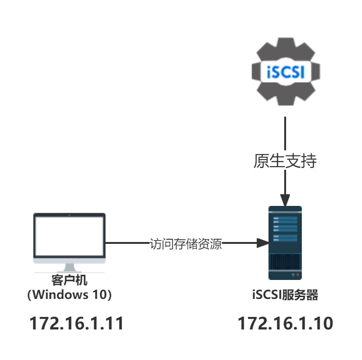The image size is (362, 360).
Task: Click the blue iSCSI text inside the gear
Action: pos(286,72)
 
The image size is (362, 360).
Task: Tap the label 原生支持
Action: pos(285,160)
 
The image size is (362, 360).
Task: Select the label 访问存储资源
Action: pos(186,243)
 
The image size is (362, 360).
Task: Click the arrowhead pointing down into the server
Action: pos(285,201)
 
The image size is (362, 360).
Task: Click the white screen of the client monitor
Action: pos(69,236)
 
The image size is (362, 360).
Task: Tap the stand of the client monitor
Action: pos(69,268)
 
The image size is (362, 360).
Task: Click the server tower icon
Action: pos(285,243)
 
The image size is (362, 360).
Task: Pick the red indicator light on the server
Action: pos(298,275)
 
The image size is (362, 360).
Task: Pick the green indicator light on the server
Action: pos(293,275)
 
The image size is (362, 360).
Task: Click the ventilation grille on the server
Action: pos(285,261)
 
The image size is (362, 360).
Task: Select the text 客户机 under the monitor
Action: pos(69,280)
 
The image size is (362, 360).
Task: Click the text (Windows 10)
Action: pos(69,294)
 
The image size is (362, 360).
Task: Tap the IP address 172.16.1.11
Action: pos(77,323)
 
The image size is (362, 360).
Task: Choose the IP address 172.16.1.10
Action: pos(285,323)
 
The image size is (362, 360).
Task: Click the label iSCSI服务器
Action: pos(285,295)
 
